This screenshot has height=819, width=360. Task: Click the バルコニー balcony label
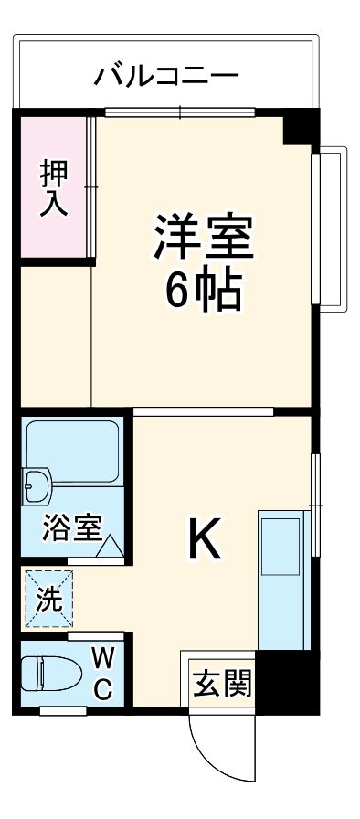pos(167,74)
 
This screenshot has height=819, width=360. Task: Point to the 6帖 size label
pos(203,291)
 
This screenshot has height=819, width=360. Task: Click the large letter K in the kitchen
pos(204,541)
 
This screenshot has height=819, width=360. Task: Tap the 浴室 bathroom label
pos(71,528)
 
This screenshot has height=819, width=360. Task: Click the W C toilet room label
pos(103,672)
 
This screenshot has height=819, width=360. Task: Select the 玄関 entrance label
pos(220,682)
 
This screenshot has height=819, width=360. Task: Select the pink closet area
pos(53,187)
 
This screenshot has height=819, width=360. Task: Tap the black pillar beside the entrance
pos(285,680)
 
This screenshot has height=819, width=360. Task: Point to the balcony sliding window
pos(180,112)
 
